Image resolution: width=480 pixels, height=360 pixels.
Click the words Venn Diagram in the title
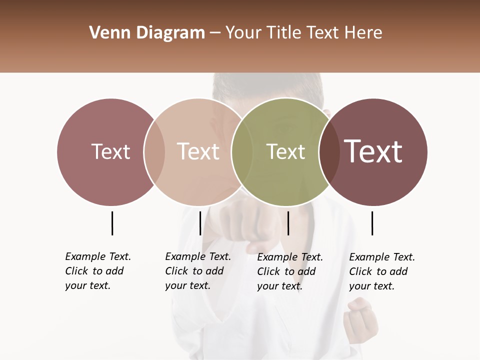(x=147, y=33)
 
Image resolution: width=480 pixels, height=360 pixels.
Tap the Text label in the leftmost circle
(x=110, y=151)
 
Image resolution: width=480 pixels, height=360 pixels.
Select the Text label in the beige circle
(x=198, y=151)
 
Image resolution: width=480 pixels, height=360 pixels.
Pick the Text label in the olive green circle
(x=285, y=151)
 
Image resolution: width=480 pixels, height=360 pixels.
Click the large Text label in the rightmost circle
(x=373, y=151)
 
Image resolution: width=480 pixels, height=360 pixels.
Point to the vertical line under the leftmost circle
(x=112, y=223)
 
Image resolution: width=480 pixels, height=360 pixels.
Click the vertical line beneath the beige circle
(x=200, y=223)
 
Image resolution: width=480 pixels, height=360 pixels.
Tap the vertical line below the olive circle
(x=288, y=223)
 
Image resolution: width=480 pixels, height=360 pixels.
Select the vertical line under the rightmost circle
(x=372, y=223)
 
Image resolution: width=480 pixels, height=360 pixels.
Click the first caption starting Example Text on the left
(x=98, y=271)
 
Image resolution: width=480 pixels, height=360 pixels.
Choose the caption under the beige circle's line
(x=198, y=271)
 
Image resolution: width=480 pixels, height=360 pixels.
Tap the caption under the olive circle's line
(x=290, y=271)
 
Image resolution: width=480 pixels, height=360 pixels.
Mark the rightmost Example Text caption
(x=382, y=271)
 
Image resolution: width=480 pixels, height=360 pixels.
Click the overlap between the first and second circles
(x=154, y=151)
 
